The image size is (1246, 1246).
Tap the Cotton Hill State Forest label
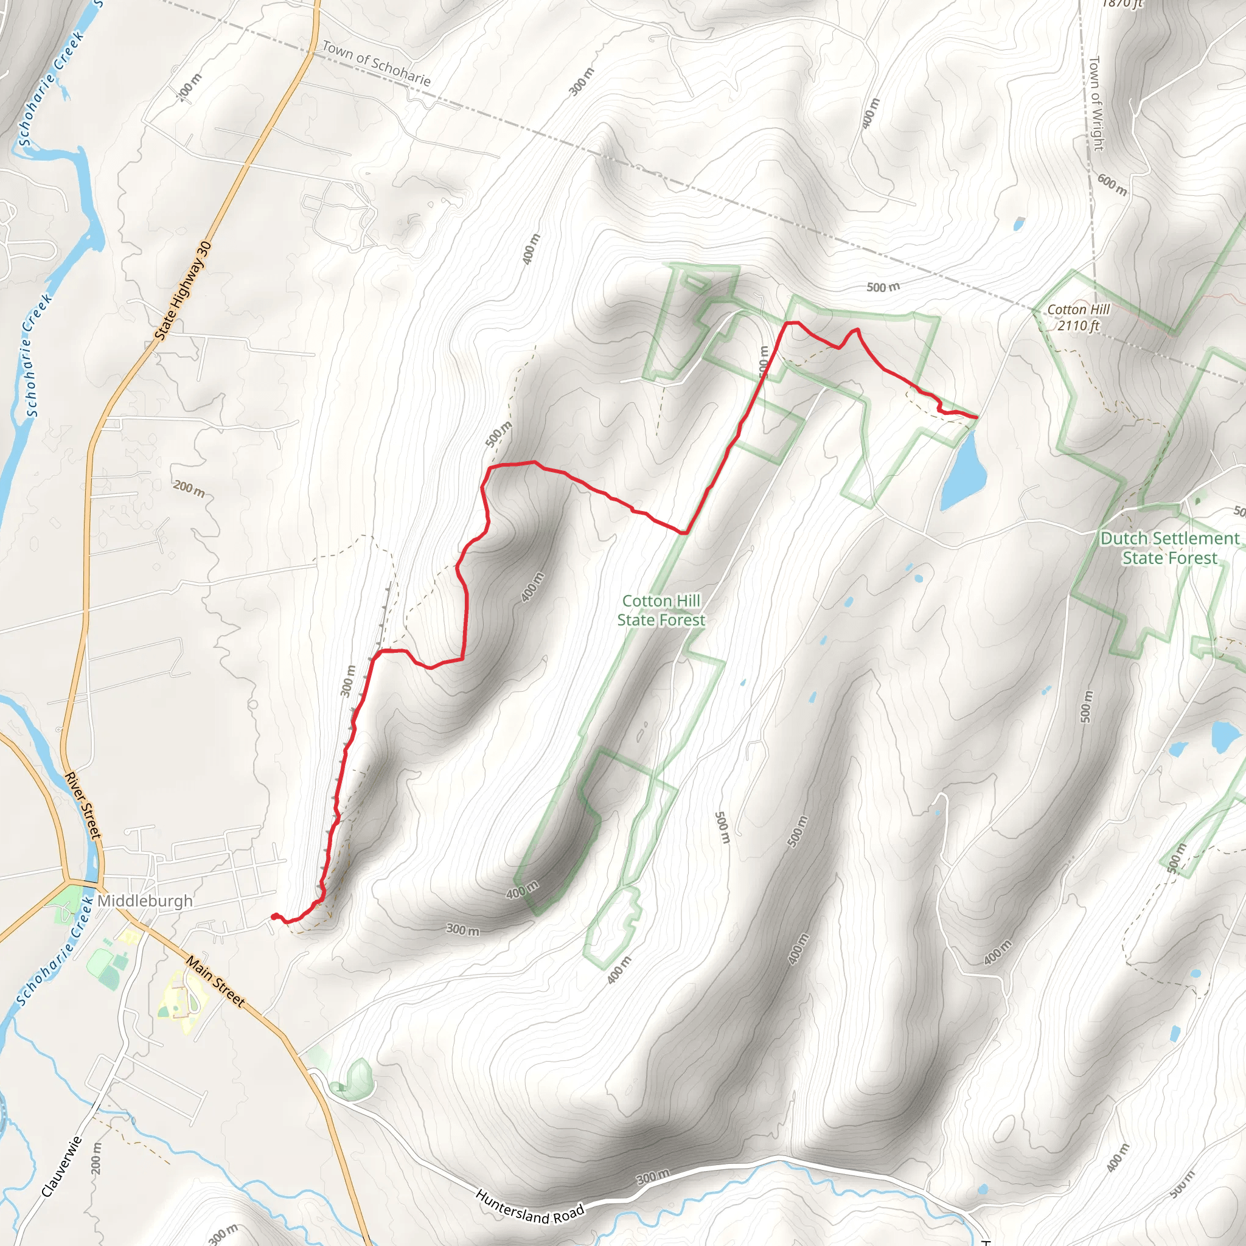pyautogui.click(x=661, y=610)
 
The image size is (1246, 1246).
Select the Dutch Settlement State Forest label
pyautogui.click(x=1170, y=548)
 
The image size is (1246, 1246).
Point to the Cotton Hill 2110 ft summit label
pyautogui.click(x=1078, y=318)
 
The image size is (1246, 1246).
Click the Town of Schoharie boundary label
pyautogui.click(x=377, y=63)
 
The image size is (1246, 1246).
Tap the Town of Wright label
pyautogui.click(x=1096, y=103)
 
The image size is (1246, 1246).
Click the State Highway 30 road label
pyautogui.click(x=183, y=291)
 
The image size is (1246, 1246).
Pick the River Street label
pyautogui.click(x=83, y=806)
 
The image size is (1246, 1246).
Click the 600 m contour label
pyautogui.click(x=1112, y=184)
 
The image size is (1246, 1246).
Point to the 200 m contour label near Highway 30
pyautogui.click(x=189, y=489)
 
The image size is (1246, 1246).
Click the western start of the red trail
pyautogui.click(x=274, y=916)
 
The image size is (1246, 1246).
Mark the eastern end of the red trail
pyautogui.click(x=976, y=417)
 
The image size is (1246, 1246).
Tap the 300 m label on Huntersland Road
pyautogui.click(x=653, y=1177)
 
